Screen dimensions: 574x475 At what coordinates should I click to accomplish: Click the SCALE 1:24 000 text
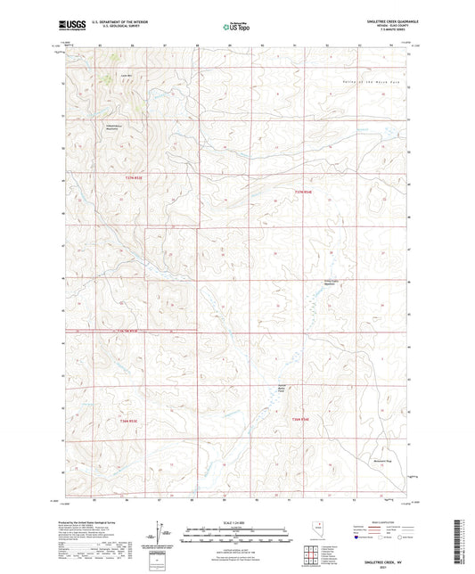[x=236, y=523]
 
